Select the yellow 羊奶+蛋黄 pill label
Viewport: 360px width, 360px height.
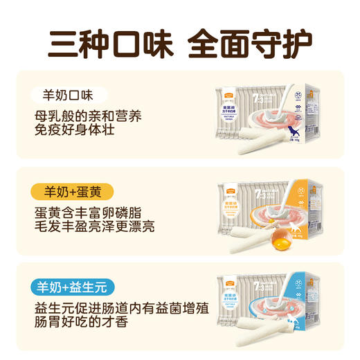pos(72,191)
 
